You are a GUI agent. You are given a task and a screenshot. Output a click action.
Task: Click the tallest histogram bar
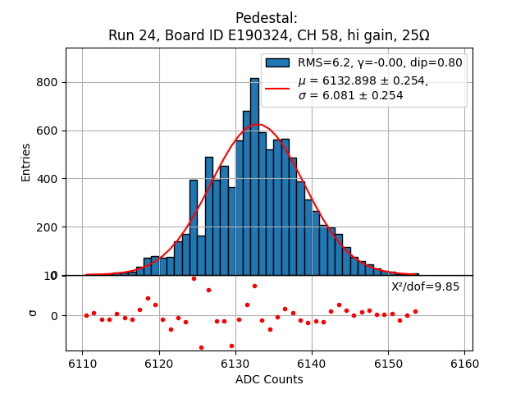(254, 176)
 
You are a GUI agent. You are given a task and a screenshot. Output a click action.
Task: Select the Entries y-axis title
(26, 162)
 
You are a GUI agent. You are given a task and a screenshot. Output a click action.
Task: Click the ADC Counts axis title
(269, 379)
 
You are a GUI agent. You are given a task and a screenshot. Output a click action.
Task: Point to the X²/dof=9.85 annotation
(425, 286)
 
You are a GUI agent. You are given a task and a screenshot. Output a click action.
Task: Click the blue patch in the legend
(277, 62)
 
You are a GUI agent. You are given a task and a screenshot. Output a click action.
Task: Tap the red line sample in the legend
(277, 88)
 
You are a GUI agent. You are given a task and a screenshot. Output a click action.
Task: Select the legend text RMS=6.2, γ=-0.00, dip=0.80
(380, 62)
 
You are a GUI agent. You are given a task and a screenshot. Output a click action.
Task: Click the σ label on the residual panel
(33, 313)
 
